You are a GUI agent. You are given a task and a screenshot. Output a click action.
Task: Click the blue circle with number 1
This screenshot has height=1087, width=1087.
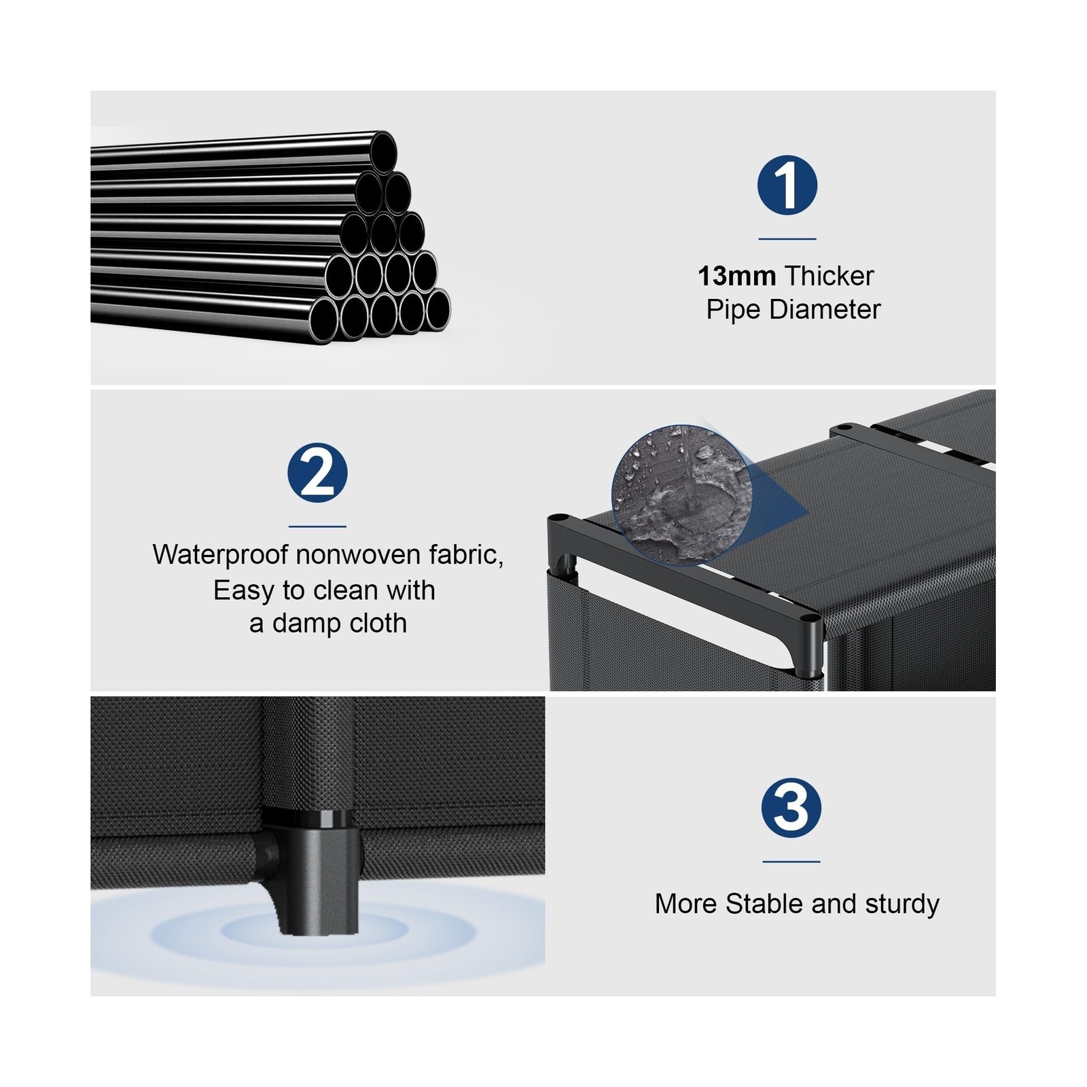787,185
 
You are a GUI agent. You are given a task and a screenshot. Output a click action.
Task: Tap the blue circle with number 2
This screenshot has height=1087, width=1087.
317,473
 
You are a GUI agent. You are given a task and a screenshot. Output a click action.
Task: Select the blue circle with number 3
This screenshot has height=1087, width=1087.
791,808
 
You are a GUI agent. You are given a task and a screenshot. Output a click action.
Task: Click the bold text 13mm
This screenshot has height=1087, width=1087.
736,276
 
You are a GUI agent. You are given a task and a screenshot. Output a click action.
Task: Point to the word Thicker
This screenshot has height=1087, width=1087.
829,276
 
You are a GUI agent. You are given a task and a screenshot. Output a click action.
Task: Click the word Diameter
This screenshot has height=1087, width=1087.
825,310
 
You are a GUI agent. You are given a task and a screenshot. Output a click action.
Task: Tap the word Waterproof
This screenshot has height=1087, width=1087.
221,555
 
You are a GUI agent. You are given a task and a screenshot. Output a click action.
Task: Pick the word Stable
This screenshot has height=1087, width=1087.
764,904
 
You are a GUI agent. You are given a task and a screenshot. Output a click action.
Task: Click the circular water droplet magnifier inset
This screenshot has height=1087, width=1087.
681,495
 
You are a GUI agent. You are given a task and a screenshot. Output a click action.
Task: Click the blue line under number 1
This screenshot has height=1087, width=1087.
787,239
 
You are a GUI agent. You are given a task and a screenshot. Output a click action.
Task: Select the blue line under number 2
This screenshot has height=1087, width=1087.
317,526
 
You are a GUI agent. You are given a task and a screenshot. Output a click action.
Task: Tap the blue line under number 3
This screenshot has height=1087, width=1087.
791,861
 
